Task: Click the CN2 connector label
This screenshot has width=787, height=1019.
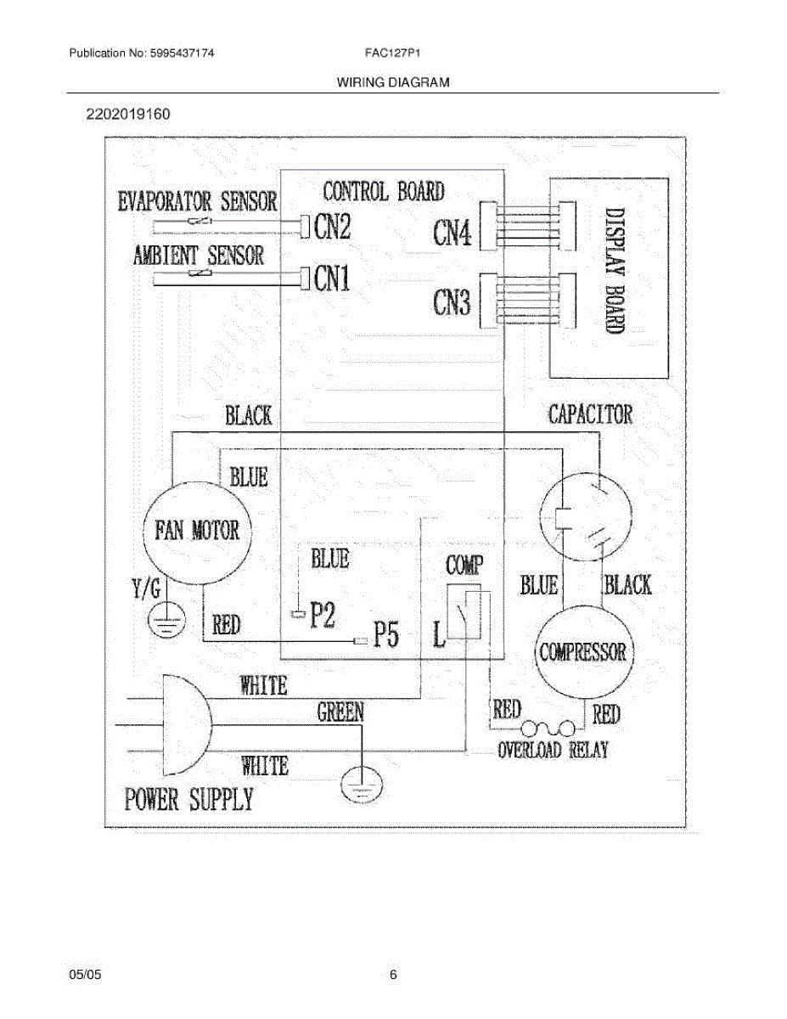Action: coord(332,226)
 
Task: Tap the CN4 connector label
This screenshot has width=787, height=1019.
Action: coord(453,232)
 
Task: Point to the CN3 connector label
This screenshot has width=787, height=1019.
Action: coord(453,301)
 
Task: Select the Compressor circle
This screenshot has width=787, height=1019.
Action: coord(582,652)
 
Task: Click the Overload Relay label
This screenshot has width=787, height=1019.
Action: coord(553,750)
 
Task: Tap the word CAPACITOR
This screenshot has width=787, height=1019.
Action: coord(590,414)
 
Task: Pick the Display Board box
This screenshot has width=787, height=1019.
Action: coord(609,278)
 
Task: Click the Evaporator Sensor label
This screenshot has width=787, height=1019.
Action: coord(198,201)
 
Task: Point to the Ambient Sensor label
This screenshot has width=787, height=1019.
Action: coord(198,255)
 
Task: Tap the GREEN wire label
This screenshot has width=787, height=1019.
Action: coord(340,712)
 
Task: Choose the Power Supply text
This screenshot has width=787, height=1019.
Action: coord(189,799)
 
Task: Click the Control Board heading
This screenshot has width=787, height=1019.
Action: coord(384,191)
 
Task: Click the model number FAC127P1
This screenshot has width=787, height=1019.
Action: coord(394,53)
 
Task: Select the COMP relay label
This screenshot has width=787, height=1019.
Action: coord(464,566)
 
